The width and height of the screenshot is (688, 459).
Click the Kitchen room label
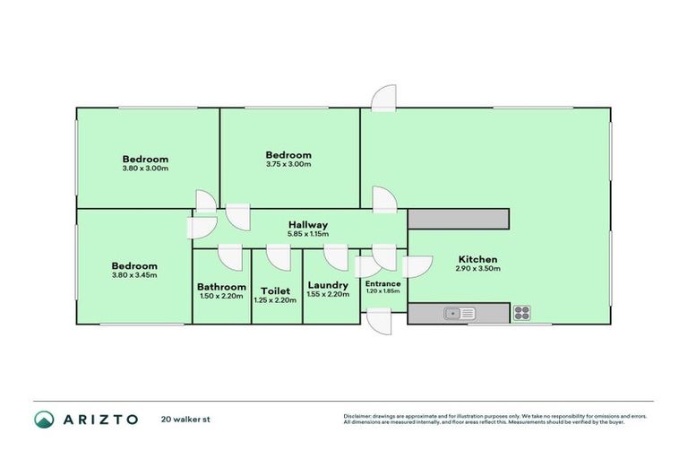477,259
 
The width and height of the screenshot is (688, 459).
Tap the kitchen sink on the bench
461,313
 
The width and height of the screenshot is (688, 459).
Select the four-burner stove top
521,313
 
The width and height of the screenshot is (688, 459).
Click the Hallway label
307,225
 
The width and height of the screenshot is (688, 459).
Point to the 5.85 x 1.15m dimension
307,234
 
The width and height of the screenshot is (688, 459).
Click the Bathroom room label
221,287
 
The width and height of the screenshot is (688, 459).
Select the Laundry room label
327,285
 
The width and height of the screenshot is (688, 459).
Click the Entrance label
383,283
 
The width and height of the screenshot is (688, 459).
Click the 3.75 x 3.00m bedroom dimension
288,164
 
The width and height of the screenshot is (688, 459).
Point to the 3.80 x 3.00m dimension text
145,168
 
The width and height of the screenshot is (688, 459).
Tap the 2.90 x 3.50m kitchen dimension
477,268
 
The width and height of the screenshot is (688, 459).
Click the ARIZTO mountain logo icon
44,419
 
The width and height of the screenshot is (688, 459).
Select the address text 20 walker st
186,419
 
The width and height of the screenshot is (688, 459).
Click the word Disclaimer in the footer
359,416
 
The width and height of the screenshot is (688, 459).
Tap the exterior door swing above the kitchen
383,97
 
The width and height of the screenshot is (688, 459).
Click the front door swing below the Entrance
380,321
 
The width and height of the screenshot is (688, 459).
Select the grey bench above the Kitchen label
458,219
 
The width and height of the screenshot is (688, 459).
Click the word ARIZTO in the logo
99,419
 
